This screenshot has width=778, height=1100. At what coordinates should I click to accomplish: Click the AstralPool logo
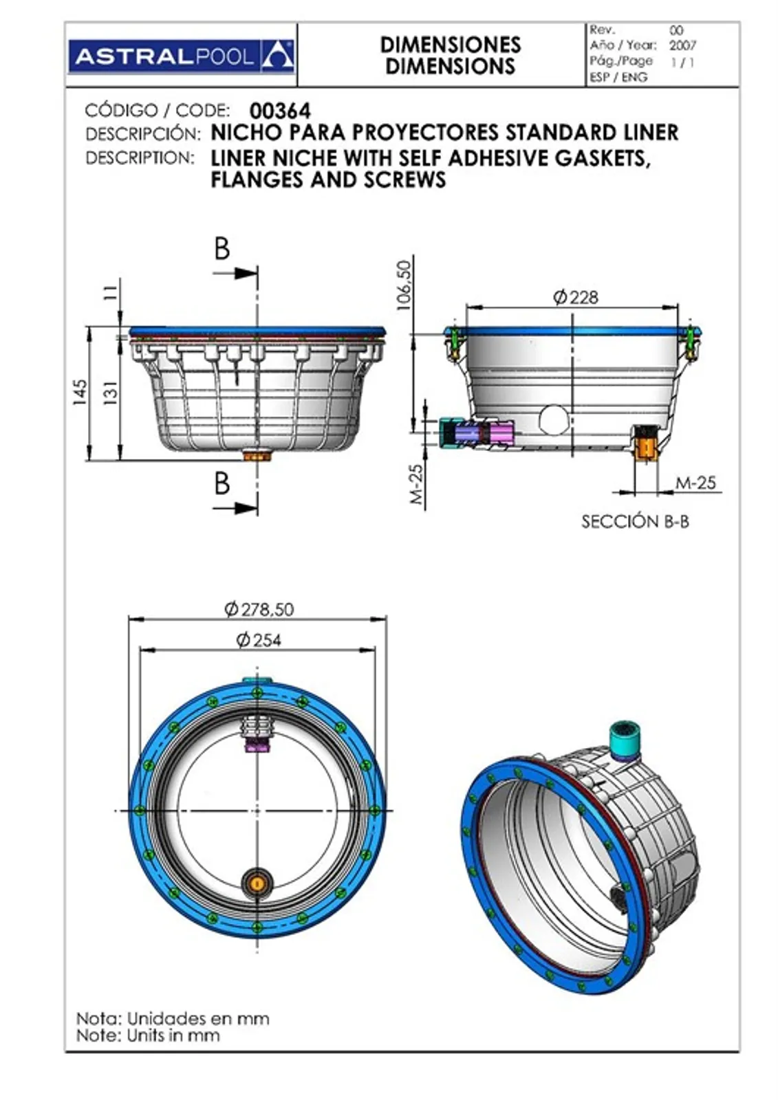pos(182,56)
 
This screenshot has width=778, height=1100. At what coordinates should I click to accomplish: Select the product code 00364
pos(280,111)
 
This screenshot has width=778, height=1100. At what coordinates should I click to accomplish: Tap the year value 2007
pos(682,45)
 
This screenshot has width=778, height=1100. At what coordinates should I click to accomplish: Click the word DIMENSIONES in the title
pos(450,45)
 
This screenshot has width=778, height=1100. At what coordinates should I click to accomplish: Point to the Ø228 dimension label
pos(576,298)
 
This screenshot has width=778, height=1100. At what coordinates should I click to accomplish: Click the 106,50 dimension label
pos(403,285)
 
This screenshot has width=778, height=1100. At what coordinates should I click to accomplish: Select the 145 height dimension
pos(80,393)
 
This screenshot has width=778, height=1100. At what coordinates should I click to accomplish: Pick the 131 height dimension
pos(112,393)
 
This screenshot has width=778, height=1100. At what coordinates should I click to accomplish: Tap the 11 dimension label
pos(112,293)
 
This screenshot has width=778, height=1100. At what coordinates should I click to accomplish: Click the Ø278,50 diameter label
pos(259,609)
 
